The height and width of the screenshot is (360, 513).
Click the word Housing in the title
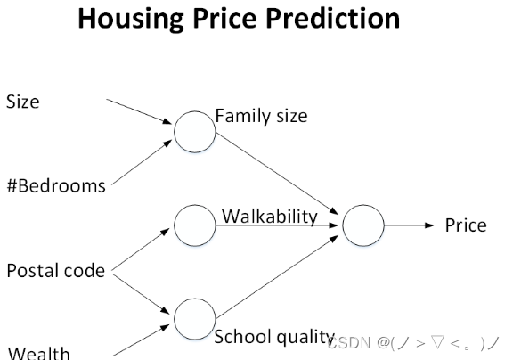(x=131, y=20)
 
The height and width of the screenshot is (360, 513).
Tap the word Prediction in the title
(x=333, y=19)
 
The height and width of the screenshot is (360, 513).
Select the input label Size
(x=23, y=102)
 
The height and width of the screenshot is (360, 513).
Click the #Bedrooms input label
(x=56, y=186)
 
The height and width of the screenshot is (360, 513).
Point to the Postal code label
(x=55, y=271)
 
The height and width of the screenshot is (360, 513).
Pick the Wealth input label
(x=38, y=353)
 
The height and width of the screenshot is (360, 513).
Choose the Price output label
(x=466, y=225)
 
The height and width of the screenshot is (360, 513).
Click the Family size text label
(x=261, y=116)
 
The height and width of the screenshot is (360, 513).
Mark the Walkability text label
(x=270, y=217)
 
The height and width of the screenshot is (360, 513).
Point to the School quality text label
(x=274, y=337)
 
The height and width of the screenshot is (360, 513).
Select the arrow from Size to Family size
(x=139, y=111)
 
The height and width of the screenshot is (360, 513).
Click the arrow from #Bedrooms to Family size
(x=142, y=162)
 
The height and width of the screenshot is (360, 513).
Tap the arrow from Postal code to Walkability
(x=141, y=250)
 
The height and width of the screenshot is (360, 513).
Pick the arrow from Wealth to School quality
(x=141, y=340)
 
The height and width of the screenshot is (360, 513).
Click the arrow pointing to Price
(x=409, y=225)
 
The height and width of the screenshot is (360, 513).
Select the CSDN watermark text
(x=413, y=343)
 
